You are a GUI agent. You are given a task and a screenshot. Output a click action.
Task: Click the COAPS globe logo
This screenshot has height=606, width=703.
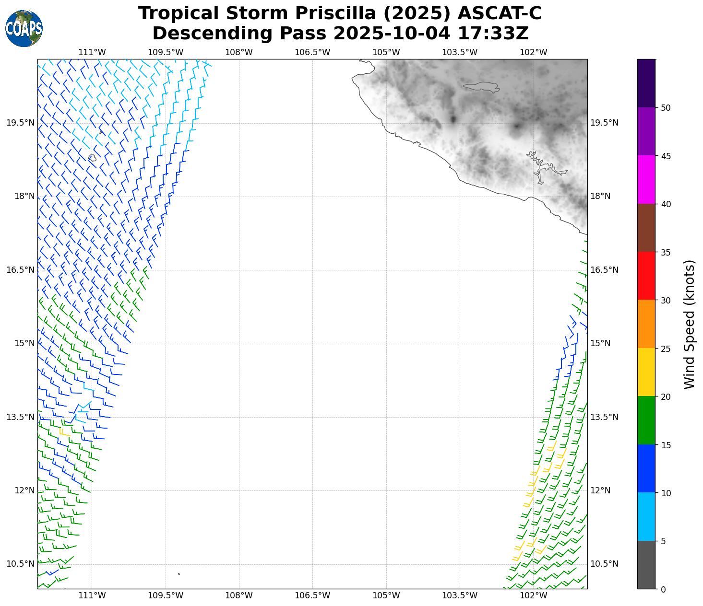point(24,28)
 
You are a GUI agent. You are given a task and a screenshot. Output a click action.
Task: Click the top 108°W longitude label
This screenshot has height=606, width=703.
point(239,52)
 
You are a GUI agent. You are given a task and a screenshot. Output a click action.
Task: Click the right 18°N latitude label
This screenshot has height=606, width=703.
point(600,196)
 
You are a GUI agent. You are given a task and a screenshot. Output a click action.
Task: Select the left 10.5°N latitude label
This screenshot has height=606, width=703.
point(21,564)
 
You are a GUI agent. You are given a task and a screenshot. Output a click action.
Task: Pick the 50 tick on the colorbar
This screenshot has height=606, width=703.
point(666,108)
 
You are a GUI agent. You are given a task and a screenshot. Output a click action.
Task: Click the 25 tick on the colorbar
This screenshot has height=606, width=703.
point(666,349)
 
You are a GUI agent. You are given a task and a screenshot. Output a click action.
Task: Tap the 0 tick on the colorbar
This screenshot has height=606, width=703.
point(663,589)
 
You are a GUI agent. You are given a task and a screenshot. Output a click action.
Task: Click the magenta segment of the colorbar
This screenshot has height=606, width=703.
point(646,180)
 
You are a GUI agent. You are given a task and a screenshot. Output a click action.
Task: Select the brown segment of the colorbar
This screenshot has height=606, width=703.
point(646,228)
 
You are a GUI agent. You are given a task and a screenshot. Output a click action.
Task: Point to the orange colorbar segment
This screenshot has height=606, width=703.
point(646,324)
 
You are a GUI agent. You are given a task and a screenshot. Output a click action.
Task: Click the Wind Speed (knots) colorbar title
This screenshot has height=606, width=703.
point(690,324)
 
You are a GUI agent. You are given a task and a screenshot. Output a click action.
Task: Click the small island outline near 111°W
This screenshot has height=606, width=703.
point(92,157)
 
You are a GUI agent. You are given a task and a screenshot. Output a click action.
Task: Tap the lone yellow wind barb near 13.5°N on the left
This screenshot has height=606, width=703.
point(63,432)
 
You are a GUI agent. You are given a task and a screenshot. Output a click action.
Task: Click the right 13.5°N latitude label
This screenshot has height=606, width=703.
point(604,417)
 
